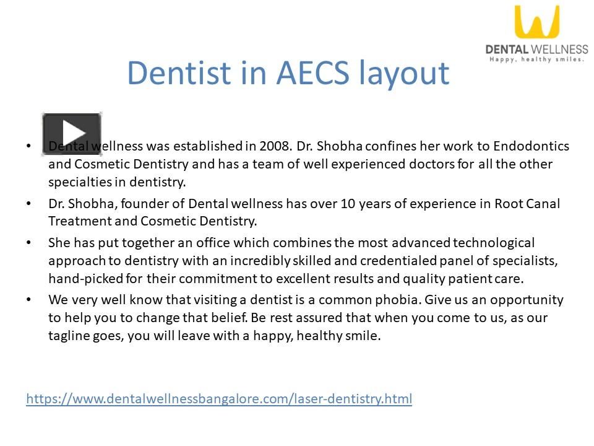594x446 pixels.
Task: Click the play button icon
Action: coord(71,133)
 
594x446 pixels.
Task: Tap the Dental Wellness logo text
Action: coord(536,49)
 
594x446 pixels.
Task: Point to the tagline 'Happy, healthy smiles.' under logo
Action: coord(536,59)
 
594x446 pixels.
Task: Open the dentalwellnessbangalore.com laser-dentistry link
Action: coord(219,398)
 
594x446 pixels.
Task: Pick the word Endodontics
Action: coord(532,146)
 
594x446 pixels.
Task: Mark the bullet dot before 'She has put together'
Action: coord(28,243)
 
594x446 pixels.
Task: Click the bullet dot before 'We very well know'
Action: coord(28,300)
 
